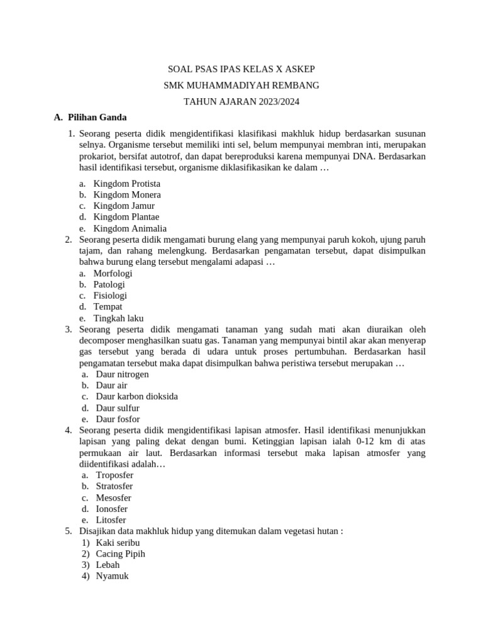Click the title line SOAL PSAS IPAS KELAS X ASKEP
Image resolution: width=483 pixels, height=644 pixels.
click(241, 69)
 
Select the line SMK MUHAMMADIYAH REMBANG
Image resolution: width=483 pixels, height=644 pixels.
click(241, 85)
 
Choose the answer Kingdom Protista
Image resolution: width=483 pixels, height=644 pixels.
click(126, 184)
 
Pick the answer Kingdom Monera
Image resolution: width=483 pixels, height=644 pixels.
click(126, 195)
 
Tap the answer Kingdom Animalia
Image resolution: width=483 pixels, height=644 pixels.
click(130, 229)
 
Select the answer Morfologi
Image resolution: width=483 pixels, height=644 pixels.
click(113, 274)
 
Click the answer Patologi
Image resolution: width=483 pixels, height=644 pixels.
click(109, 284)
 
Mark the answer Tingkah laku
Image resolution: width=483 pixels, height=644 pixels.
click(118, 318)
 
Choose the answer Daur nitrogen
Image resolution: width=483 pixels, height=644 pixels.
click(122, 374)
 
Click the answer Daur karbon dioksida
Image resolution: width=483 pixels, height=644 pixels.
click(136, 397)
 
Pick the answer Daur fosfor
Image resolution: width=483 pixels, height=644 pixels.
click(118, 419)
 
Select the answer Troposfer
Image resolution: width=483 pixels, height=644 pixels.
click(114, 475)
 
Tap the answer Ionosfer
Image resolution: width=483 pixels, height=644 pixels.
click(111, 509)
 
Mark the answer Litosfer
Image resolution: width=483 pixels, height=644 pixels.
click(111, 520)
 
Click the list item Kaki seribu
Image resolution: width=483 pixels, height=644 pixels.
click(118, 543)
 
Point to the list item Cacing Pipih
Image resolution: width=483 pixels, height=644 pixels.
click(120, 554)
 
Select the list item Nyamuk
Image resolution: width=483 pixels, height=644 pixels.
click(112, 576)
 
